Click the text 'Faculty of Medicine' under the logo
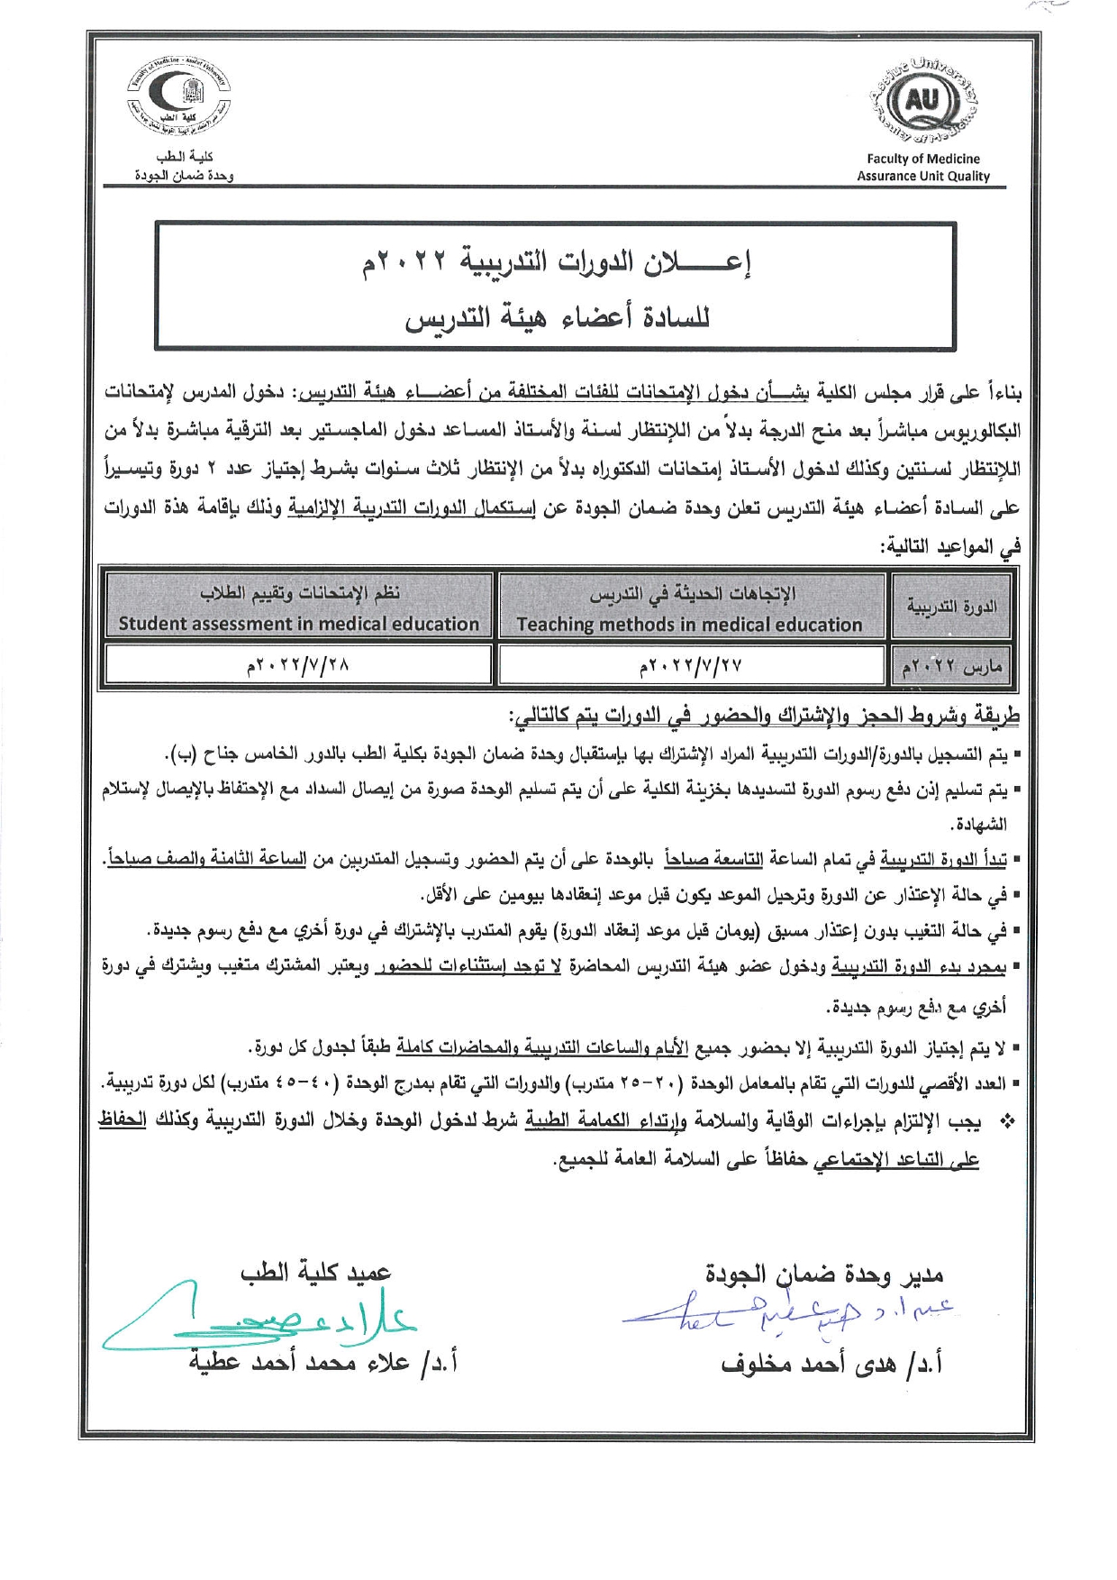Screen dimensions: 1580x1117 tap(922, 159)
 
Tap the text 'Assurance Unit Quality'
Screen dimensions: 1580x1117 tap(922, 177)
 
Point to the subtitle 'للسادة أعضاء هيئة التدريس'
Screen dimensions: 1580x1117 tap(557, 316)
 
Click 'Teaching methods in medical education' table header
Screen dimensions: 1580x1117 tap(690, 625)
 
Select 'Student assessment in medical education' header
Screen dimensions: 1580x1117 tap(299, 624)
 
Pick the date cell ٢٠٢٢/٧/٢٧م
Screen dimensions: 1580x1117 tap(690, 667)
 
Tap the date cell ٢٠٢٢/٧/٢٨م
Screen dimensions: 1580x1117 tap(299, 667)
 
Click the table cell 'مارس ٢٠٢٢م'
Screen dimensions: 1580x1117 tap(951, 668)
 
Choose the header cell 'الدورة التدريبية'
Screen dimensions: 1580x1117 tap(951, 606)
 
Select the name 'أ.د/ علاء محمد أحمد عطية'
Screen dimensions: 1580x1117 tap(322, 1362)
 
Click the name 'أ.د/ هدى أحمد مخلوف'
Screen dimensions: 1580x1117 tap(831, 1364)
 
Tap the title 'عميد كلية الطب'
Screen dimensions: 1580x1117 tap(315, 1272)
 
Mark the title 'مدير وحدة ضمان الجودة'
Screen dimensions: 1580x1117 tap(823, 1274)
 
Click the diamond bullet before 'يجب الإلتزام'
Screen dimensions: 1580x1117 tap(1008, 1122)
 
